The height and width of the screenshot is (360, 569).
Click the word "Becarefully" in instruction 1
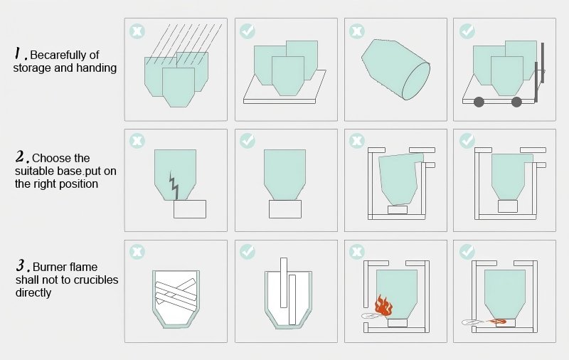pos(60,55)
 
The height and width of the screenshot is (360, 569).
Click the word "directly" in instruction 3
pos(33,293)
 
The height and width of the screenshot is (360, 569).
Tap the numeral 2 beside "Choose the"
pos(21,157)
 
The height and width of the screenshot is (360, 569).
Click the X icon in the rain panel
pos(137,31)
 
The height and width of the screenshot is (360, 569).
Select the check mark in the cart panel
pos(467,31)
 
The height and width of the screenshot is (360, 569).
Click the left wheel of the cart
pos(479,102)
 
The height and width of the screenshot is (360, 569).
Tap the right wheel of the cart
pos(516,102)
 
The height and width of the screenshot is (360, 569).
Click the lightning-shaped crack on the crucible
pos(174,186)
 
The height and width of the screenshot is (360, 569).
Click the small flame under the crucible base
pos(498,321)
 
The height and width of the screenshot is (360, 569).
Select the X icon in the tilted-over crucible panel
pos(357,31)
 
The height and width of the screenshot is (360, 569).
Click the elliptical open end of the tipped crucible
pos(416,81)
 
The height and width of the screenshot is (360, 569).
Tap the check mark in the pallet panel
pos(248,31)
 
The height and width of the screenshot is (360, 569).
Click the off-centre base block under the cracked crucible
pos(190,209)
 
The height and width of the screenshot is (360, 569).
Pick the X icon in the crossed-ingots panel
pos(137,251)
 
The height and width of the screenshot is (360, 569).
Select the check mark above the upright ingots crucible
pos(248,251)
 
